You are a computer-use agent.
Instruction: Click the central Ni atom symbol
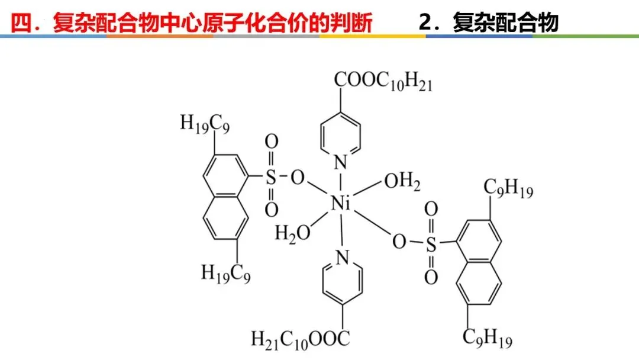341,204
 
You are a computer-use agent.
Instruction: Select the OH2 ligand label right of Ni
402,182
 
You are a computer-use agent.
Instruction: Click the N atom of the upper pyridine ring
340,160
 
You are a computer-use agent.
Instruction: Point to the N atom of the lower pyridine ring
341,257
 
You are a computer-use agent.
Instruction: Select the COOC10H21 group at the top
383,82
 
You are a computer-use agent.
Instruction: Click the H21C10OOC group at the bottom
301,339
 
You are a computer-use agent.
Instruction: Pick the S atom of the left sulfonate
270,176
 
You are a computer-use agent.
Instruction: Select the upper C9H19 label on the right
508,188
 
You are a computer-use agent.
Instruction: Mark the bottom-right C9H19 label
488,340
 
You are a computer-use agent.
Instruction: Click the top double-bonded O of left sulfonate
271,143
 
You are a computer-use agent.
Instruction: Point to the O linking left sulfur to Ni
298,177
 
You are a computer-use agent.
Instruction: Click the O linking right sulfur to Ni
399,242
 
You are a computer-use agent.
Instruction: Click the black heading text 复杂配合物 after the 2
505,23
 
